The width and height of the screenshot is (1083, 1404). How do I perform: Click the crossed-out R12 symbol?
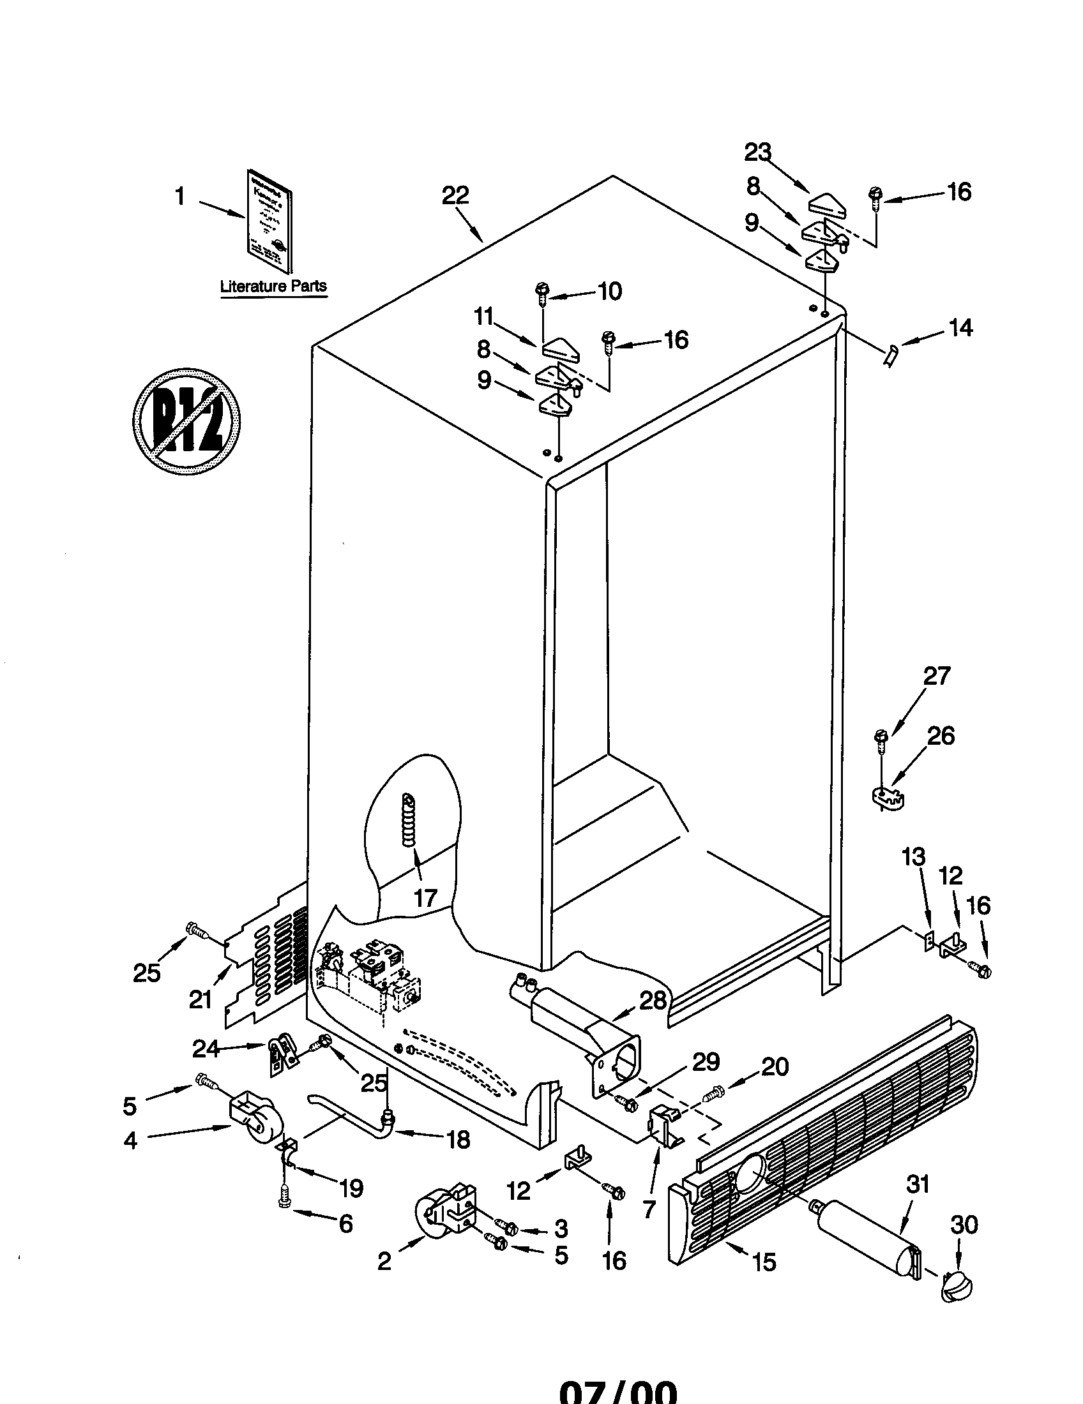pyautogui.click(x=186, y=422)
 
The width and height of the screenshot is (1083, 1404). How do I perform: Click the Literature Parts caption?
pyautogui.click(x=273, y=286)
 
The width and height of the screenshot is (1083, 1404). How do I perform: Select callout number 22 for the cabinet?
pyautogui.click(x=455, y=195)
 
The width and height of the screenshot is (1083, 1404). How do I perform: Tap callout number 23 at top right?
pyautogui.click(x=757, y=153)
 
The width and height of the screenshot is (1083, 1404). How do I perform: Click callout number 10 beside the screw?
pyautogui.click(x=610, y=292)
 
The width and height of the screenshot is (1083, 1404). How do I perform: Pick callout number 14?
pyautogui.click(x=960, y=328)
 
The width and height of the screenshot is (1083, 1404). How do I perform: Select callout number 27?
pyautogui.click(x=936, y=676)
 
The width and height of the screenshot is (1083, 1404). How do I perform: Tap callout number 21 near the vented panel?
pyautogui.click(x=201, y=999)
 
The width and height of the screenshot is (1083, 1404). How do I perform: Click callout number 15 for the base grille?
pyautogui.click(x=764, y=1262)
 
